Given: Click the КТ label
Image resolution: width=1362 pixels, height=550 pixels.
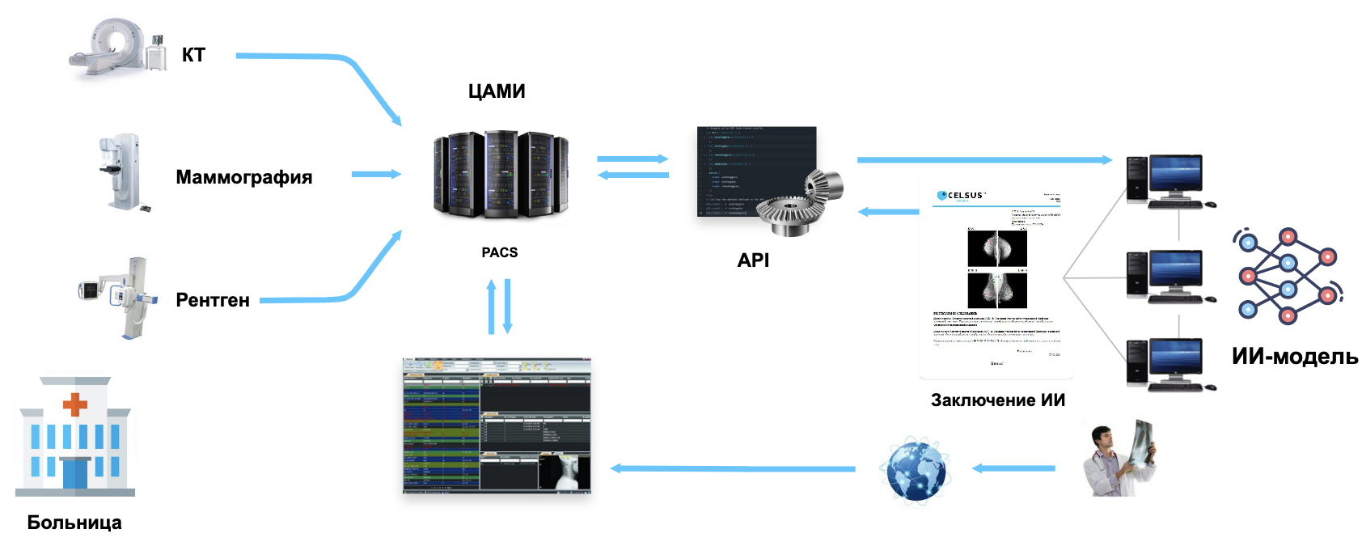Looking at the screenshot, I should (193, 55).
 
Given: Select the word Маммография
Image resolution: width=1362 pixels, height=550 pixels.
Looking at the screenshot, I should (243, 177).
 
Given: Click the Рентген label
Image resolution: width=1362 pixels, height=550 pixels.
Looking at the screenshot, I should (213, 300).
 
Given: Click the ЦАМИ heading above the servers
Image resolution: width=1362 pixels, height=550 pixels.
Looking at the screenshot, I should (497, 91).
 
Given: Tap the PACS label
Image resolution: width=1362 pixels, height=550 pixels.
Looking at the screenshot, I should (499, 252).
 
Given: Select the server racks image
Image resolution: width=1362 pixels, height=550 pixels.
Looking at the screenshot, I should (501, 174).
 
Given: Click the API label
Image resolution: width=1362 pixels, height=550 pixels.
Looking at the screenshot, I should (753, 260).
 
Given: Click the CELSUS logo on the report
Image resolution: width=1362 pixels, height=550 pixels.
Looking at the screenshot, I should (961, 196).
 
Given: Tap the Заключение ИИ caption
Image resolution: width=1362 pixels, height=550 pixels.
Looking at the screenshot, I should (997, 400).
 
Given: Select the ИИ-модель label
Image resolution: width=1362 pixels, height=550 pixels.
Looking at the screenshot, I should (1294, 356).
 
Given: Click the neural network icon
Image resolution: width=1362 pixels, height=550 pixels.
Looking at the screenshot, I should (1288, 276).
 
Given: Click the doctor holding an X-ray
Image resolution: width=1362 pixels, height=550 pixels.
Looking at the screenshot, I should (1120, 459).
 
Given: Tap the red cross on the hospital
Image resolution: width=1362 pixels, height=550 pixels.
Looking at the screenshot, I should (74, 404).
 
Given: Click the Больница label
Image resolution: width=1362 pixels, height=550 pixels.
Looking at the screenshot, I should (74, 522).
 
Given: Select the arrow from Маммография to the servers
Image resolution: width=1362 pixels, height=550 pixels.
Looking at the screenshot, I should (376, 174).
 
